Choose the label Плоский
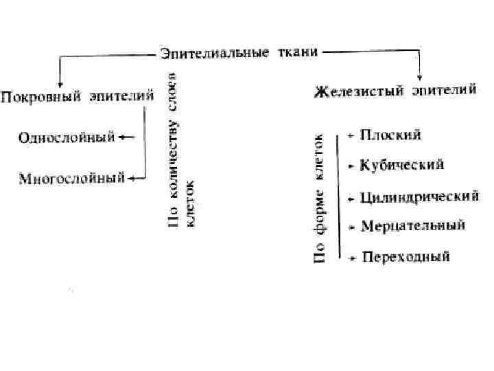pos(390,135)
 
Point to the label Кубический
pos(402,165)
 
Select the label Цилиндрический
pos(419,197)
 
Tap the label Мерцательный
pos(412,225)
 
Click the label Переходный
pos(405,258)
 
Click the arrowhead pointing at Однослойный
pos(121,137)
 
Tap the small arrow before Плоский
pos(351,136)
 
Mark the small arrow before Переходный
pos(352,259)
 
